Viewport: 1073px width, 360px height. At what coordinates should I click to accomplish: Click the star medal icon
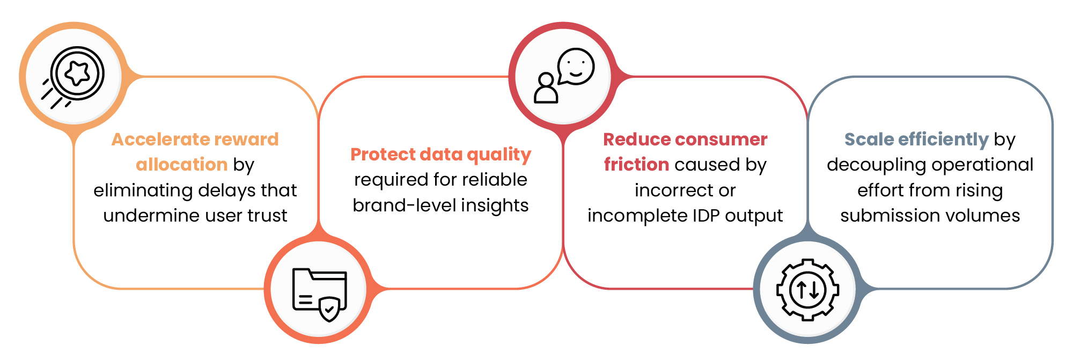pos(74,77)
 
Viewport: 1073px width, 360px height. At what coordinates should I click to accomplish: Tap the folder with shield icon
pos(319,295)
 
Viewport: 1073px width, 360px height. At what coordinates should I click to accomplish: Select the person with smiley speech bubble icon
pos(564,76)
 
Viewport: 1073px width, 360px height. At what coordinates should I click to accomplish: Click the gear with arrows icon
pos(807,290)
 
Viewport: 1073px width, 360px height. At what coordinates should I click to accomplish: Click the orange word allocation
pos(182,164)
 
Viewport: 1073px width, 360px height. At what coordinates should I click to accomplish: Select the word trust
pos(267,216)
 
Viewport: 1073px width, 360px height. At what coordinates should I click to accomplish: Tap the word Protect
pos(383,155)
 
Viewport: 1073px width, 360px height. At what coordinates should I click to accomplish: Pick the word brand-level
pos(404,205)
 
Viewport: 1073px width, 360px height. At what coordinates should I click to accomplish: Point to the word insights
pos(495,206)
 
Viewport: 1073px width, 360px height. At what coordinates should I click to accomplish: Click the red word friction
pos(636,164)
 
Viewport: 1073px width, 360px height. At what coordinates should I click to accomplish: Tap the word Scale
pos(869,139)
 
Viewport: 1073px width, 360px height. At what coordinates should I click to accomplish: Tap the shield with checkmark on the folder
pos(329,310)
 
